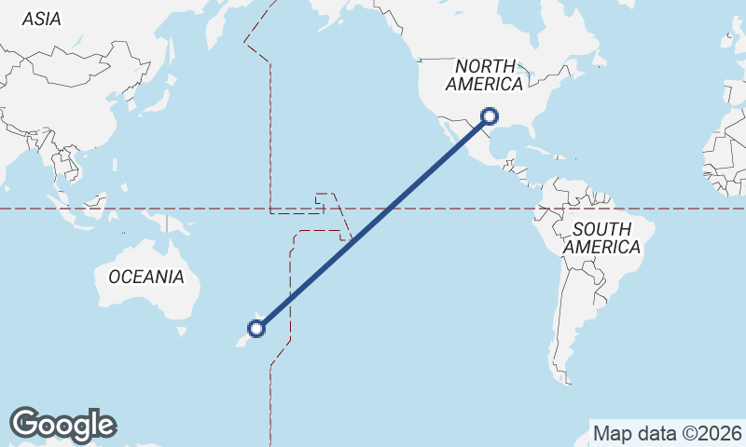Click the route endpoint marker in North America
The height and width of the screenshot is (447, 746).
[x=490, y=116]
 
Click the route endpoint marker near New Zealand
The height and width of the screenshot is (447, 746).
[x=256, y=328]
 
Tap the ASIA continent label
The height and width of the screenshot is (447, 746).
[x=42, y=19]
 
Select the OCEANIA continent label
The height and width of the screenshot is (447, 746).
[x=146, y=277]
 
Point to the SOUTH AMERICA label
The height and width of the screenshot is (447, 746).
[x=601, y=238]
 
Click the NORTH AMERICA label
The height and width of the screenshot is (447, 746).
[x=485, y=75]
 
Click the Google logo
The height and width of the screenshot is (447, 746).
[x=62, y=425]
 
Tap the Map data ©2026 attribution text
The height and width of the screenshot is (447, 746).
[x=667, y=433]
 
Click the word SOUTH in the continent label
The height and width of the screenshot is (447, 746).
[x=601, y=229]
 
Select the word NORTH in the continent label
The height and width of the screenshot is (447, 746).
[x=485, y=66]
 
